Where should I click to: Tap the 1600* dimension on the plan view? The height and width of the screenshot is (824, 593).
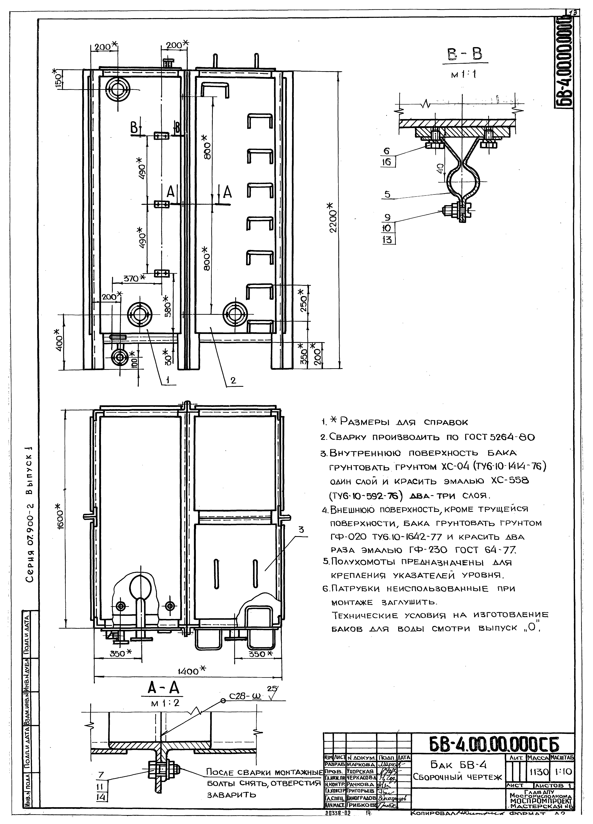(61, 517)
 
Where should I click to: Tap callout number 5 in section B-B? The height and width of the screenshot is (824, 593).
(387, 195)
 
